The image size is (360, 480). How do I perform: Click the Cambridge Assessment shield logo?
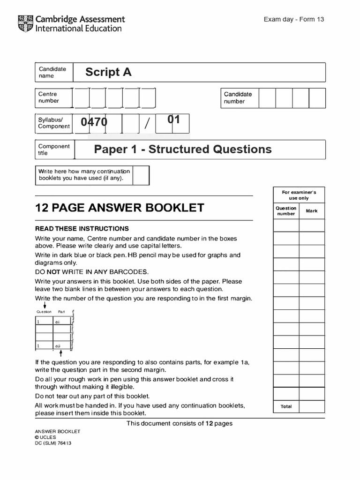click(25, 23)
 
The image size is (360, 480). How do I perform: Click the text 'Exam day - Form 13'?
click(294, 19)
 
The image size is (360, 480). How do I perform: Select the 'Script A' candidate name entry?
click(108, 72)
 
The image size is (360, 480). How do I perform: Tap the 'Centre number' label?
click(48, 97)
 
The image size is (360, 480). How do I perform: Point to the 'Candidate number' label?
click(238, 97)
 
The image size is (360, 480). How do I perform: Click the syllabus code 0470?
click(94, 122)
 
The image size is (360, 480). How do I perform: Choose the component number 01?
click(174, 120)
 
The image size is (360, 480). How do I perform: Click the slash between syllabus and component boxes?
click(147, 124)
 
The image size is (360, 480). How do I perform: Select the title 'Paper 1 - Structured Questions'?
click(182, 150)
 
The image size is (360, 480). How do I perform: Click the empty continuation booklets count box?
click(141, 175)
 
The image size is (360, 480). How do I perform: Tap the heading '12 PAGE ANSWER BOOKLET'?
click(120, 208)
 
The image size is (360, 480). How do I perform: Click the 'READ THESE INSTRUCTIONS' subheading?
click(82, 229)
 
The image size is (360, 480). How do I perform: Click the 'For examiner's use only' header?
click(299, 195)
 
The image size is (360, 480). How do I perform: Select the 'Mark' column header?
click(312, 211)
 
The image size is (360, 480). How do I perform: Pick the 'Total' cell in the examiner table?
click(286, 406)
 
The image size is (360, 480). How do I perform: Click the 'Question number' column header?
click(286, 211)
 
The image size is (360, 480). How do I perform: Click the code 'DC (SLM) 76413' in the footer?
click(53, 443)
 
